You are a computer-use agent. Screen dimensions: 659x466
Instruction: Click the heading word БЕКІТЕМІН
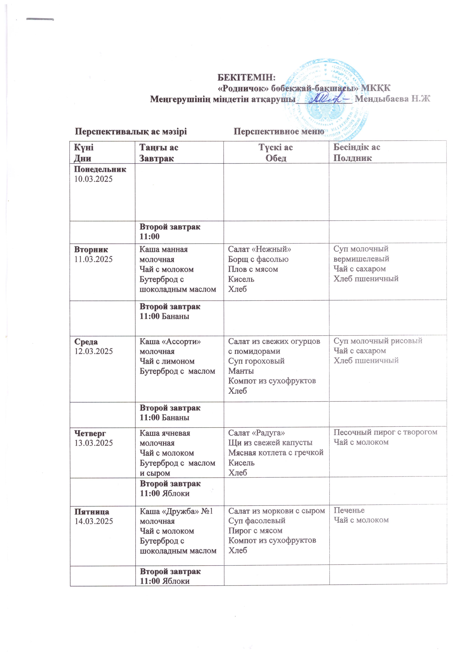coord(246,78)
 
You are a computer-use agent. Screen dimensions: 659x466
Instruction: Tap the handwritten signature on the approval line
coord(324,98)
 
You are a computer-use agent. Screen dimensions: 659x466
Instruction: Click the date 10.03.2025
coord(94,179)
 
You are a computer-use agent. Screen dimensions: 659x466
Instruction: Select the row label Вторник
coord(91,249)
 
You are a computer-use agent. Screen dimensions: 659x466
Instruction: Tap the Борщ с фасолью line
coord(258,259)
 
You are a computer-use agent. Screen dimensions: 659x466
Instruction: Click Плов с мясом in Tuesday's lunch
coord(253,269)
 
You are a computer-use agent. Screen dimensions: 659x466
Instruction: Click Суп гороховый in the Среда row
coord(256,361)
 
